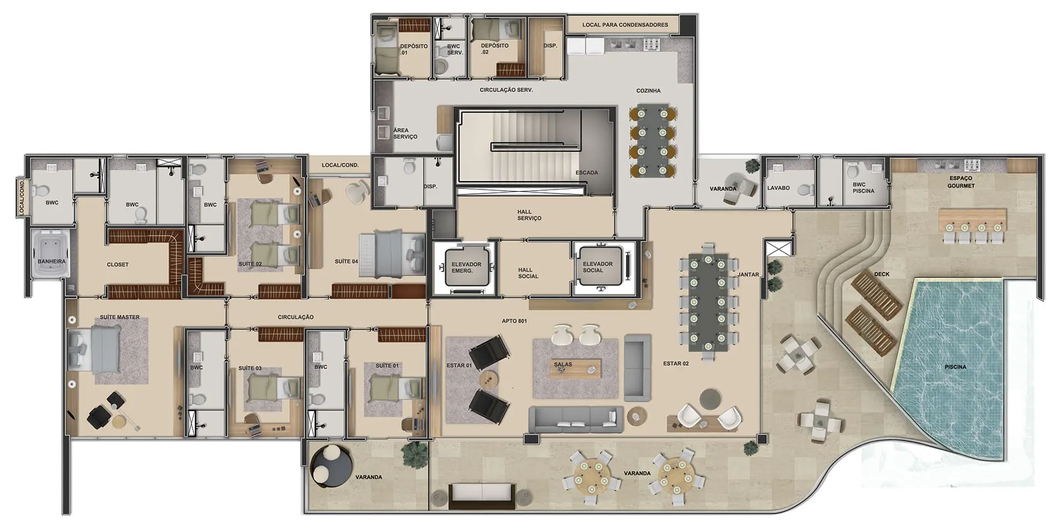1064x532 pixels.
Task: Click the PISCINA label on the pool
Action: point(955,367)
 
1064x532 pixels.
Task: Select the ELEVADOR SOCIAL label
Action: point(597,267)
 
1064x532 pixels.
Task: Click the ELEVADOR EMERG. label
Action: point(466,268)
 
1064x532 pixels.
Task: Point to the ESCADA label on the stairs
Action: point(586,172)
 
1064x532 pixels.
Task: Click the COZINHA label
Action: point(648,90)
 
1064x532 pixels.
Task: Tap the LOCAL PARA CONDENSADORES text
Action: point(625,25)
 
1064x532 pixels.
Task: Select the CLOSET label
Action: point(117,264)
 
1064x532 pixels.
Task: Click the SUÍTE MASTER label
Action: point(120,317)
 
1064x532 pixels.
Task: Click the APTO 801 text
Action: point(514,321)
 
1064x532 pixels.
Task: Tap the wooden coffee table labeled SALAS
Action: point(575,369)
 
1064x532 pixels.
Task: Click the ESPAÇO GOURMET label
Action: point(960,182)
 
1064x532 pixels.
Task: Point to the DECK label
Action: point(882,274)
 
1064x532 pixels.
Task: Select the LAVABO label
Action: point(778,188)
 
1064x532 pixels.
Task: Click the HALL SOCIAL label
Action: point(528,273)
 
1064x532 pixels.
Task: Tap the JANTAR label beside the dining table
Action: point(748,274)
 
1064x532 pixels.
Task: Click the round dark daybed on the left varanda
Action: point(331,466)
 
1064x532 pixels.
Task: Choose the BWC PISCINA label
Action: point(863,188)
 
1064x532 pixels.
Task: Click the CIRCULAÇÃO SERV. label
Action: point(506,90)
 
